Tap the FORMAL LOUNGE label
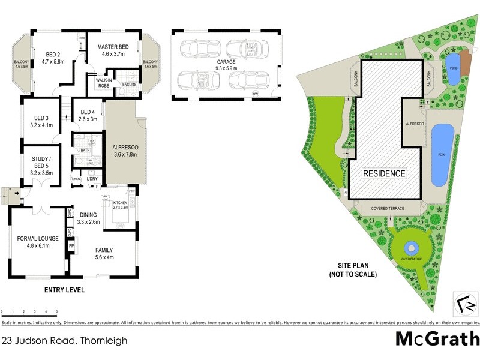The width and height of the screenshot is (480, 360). [37, 238]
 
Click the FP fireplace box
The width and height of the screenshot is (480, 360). [71, 246]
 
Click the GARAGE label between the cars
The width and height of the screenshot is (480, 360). [226, 61]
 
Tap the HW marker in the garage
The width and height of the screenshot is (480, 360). [256, 94]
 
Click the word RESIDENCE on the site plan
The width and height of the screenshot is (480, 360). [385, 173]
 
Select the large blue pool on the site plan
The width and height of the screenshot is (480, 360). [442, 155]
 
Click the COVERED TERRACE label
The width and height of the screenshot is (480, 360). [388, 208]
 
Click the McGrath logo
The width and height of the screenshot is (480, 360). [437, 338]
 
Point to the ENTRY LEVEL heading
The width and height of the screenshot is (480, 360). [65, 290]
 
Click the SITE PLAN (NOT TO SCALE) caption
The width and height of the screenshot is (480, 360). [353, 271]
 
